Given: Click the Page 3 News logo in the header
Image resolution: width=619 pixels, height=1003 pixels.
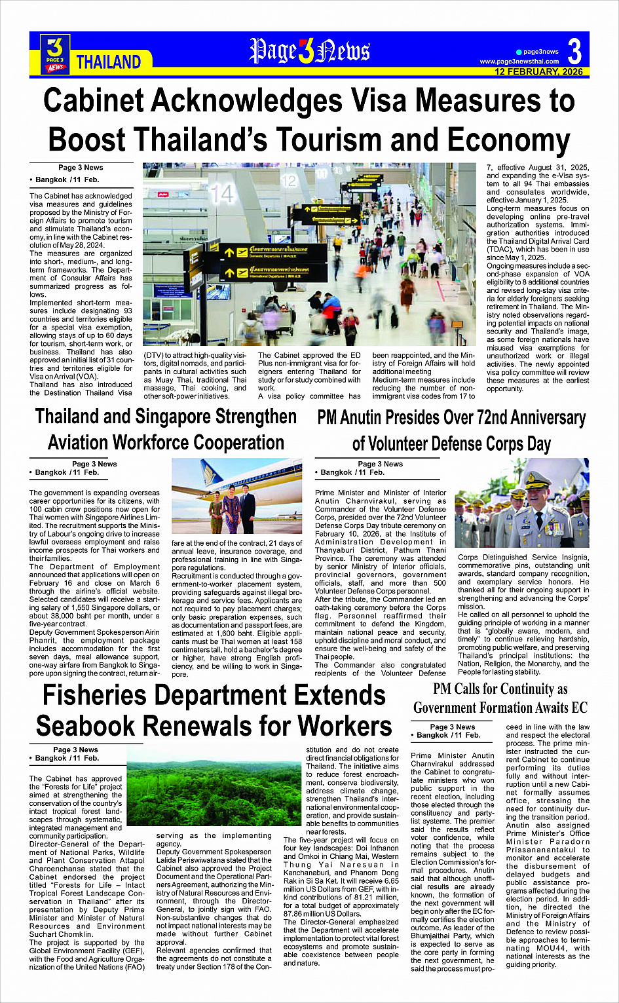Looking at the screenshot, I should coord(56,54).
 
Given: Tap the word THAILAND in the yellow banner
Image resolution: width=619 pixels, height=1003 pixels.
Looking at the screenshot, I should coord(109,62).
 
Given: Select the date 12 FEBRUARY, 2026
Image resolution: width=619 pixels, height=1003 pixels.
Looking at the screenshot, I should coord(538,71).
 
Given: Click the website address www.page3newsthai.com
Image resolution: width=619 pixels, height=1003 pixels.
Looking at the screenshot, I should coord(519,62).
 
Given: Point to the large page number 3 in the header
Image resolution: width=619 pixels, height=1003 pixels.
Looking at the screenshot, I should coord(574,52).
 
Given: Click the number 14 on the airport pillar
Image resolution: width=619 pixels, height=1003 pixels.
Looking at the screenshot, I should coord(222,193).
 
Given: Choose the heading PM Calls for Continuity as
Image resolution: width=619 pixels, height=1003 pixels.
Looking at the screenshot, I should coord(500,689).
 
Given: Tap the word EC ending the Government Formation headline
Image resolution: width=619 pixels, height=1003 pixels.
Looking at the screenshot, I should coord(579,708).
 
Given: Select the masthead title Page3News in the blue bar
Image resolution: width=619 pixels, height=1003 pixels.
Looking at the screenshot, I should coord(309,51).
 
